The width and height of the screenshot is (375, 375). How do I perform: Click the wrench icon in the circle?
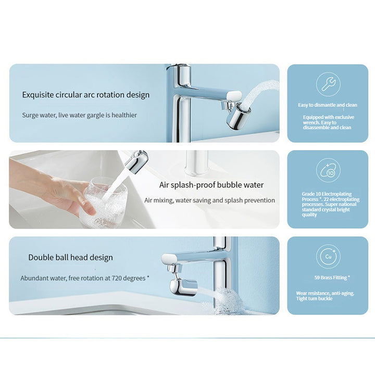coord(328,84)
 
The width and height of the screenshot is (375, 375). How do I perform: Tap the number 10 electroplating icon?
coord(328,171)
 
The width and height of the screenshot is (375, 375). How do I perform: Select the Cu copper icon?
coord(328,257)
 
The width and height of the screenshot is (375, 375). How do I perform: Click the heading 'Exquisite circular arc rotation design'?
coord(86,95)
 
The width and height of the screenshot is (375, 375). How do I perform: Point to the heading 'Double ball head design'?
coord(70,257)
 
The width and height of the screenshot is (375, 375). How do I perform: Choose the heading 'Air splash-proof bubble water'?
coord(211,185)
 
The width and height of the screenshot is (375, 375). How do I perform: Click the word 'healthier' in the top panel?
coord(124,115)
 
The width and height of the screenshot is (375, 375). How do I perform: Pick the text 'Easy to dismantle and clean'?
coord(328,105)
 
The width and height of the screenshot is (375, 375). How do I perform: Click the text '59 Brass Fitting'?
coord(332,278)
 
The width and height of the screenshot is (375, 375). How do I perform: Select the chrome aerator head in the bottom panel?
coord(183,287)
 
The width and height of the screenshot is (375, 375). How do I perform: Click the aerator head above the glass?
coord(136,161)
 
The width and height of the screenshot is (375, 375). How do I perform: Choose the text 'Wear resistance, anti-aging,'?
coord(325,293)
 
